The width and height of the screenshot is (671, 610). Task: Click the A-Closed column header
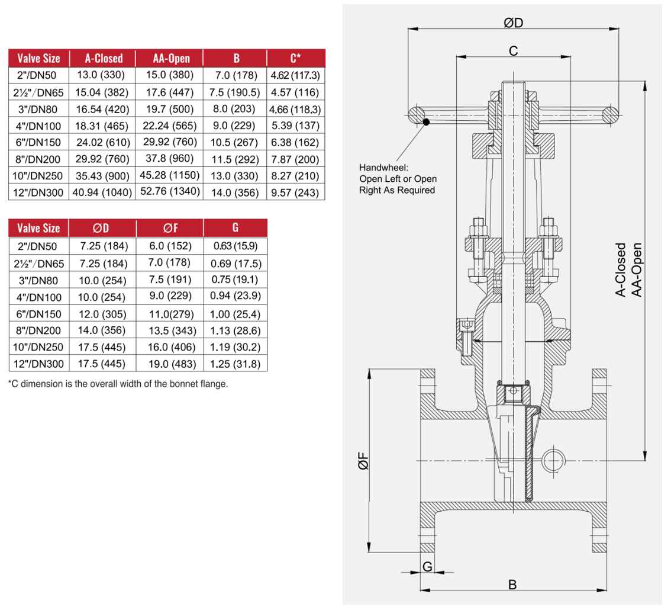(x=104, y=58)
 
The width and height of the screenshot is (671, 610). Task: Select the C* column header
(x=295, y=58)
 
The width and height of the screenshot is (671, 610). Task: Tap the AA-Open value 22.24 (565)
(x=170, y=126)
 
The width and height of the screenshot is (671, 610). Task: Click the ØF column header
(x=170, y=228)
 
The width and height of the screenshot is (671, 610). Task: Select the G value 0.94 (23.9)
(x=235, y=296)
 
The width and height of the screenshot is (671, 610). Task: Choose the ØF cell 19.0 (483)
(x=169, y=364)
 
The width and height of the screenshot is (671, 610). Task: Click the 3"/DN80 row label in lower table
(x=38, y=280)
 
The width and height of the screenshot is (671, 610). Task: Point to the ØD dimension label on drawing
(x=513, y=23)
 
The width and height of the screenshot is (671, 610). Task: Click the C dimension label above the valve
(x=513, y=51)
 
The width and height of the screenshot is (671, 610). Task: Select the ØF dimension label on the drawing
(x=363, y=462)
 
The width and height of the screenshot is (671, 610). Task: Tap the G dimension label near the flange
(x=427, y=566)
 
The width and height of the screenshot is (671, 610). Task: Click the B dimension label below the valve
(x=512, y=585)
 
